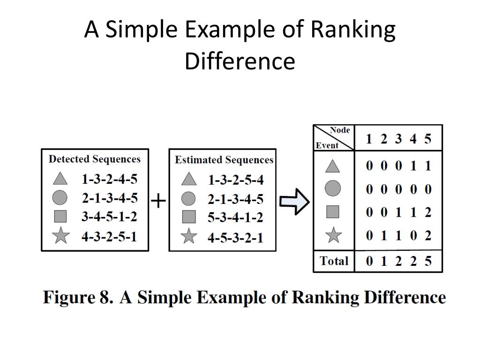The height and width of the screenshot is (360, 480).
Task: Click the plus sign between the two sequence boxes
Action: click(x=158, y=201)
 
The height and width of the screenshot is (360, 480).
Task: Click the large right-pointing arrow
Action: click(x=294, y=202)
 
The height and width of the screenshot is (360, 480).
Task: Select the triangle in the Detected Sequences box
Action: click(x=60, y=179)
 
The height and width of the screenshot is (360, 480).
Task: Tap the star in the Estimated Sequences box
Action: click(x=189, y=236)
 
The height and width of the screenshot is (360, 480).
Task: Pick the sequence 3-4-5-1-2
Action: click(x=109, y=217)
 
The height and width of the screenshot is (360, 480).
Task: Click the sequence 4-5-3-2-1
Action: click(x=235, y=238)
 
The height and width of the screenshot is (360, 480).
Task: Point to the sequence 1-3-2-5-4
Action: click(x=235, y=180)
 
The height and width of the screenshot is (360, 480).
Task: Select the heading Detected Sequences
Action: click(x=95, y=159)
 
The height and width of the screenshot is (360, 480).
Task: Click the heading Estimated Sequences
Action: click(x=224, y=160)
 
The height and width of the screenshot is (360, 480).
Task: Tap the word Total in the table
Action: click(x=334, y=261)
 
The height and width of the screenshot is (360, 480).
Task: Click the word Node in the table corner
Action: click(x=340, y=130)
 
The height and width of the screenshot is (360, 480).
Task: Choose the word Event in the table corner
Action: click(x=327, y=145)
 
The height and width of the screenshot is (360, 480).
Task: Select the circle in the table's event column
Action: click(x=333, y=188)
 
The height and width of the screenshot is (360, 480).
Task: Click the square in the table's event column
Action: click(x=333, y=211)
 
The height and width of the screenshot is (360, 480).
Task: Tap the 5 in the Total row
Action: click(x=428, y=261)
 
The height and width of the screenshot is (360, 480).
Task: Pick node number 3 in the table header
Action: click(x=398, y=139)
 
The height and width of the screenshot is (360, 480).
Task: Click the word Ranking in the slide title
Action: click(x=353, y=30)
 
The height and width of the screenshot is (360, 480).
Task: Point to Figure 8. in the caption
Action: click(x=78, y=297)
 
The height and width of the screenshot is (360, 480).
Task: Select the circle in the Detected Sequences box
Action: click(x=60, y=197)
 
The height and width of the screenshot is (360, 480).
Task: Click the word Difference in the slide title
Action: click(x=240, y=61)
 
